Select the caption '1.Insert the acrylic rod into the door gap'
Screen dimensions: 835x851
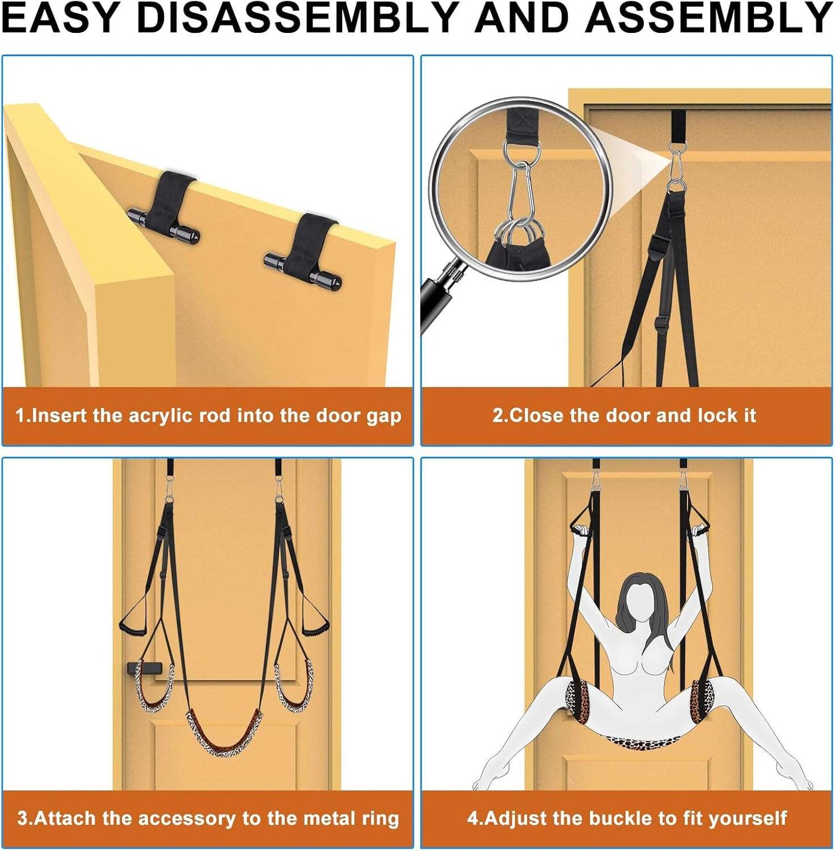tap(209, 416)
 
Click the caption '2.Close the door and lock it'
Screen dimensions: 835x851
tap(625, 416)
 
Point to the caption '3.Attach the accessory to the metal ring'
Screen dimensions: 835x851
tap(209, 806)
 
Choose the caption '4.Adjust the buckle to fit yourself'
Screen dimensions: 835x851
tap(627, 806)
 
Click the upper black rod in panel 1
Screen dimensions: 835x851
tap(164, 224)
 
